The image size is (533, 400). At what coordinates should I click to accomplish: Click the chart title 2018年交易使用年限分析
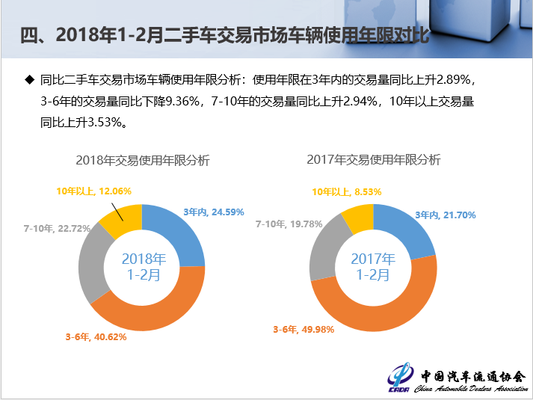click(143, 160)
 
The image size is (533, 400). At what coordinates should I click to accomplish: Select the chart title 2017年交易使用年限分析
click(374, 159)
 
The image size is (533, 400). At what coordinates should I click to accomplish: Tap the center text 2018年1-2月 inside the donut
click(142, 267)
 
